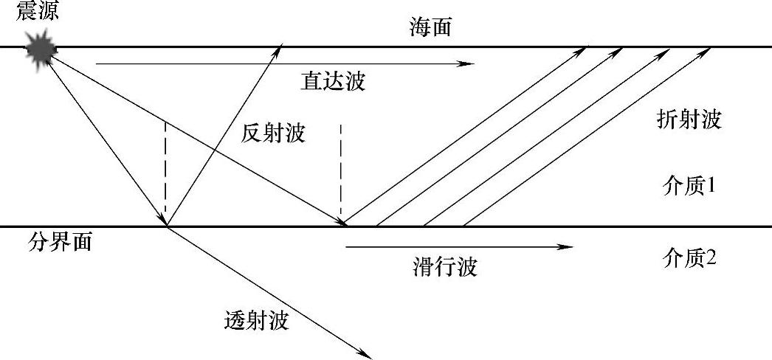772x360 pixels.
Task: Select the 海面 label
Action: (x=430, y=28)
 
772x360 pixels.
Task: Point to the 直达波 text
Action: (x=333, y=80)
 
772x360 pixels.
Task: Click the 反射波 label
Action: (x=272, y=134)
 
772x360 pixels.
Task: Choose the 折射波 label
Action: (x=688, y=119)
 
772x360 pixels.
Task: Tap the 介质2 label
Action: (x=689, y=259)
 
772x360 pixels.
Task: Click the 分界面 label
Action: (x=61, y=242)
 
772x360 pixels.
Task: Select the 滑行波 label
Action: (x=444, y=266)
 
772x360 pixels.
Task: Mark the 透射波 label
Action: (x=255, y=321)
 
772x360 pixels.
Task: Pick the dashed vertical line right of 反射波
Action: (x=341, y=173)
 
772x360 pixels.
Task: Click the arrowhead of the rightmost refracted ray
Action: (x=711, y=49)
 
